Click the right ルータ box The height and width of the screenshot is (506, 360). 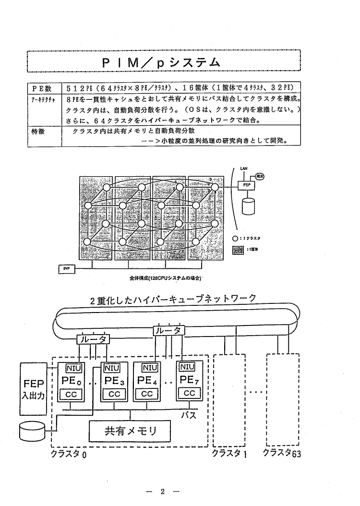point(169,330)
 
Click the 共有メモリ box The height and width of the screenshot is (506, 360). point(131,430)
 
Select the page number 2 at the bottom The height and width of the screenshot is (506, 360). point(163,491)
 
